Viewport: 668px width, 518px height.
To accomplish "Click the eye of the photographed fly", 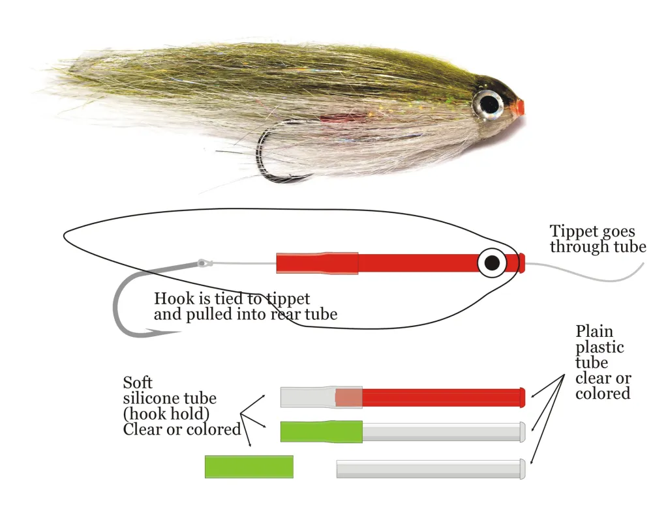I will (488, 102).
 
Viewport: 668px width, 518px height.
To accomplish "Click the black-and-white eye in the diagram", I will (493, 263).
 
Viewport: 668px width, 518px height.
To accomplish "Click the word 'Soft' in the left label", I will (138, 382).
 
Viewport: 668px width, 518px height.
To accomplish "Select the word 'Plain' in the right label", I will (594, 331).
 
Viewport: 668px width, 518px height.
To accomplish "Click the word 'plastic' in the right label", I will (600, 347).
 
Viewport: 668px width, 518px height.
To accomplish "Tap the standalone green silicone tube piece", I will (249, 467).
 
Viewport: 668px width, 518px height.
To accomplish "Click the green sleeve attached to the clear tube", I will (321, 431).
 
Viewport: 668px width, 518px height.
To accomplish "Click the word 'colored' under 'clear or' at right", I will (603, 394).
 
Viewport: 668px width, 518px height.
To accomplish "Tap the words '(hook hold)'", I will (164, 414).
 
